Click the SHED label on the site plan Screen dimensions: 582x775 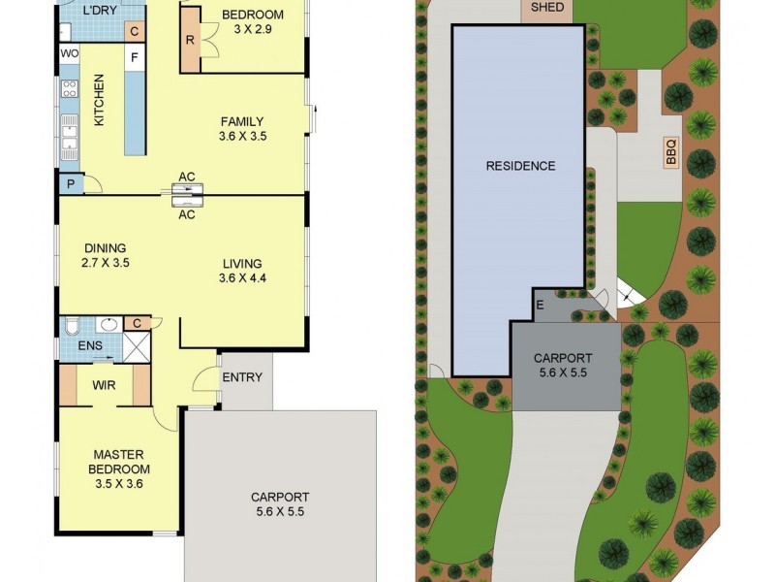coord(546,8)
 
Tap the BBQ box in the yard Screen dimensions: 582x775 coord(670,152)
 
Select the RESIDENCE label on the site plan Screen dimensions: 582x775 coord(520,166)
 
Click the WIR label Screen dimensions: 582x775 coord(105,385)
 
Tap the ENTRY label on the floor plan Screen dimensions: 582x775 coord(242,377)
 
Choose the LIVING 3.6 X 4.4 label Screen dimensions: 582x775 coord(242,271)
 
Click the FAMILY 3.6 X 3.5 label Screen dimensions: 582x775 coord(242,129)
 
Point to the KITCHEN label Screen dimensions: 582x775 coord(98,100)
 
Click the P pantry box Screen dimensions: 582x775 coord(71,184)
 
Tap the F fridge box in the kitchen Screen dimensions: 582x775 coord(135,57)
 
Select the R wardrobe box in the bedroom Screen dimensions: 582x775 coord(190,42)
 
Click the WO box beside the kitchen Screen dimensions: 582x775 coord(70,53)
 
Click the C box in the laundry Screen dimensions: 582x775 coord(135,31)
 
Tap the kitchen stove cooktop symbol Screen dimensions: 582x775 coord(70,89)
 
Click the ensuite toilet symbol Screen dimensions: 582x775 coord(71,325)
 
